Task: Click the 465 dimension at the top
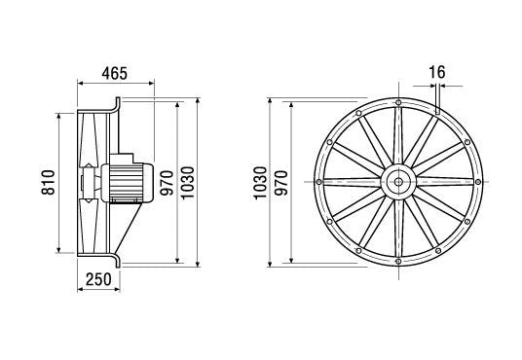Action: pyautogui.click(x=113, y=75)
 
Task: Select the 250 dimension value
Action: pyautogui.click(x=97, y=279)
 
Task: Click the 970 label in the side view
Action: pyautogui.click(x=167, y=181)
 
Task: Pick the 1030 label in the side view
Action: pyautogui.click(x=189, y=181)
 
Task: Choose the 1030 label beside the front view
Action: pyautogui.click(x=260, y=181)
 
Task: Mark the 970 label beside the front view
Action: pyautogui.click(x=281, y=181)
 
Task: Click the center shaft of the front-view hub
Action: pyautogui.click(x=399, y=181)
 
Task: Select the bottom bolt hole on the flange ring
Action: pyautogui.click(x=399, y=261)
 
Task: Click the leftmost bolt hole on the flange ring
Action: pyautogui.click(x=319, y=181)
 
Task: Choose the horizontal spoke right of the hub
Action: pyautogui.click(x=443, y=181)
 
